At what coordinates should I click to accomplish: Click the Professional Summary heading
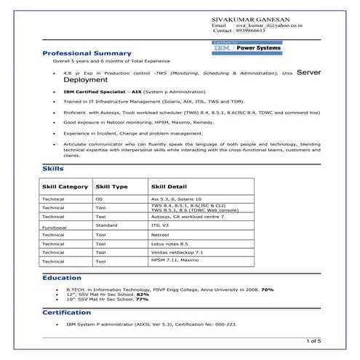tap(87, 53)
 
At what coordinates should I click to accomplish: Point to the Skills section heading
tap(54, 169)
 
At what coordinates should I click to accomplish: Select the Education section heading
tap(62, 278)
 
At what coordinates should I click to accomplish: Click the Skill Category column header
tap(65, 187)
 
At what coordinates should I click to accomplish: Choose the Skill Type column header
tap(112, 187)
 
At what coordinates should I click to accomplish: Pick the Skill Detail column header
tap(168, 187)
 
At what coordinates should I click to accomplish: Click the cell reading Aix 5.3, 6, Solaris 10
tap(176, 199)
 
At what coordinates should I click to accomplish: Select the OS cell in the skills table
tap(99, 199)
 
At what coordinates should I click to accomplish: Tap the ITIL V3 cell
tap(160, 225)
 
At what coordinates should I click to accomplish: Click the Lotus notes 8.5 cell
tap(169, 244)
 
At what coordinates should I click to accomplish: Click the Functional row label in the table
tap(55, 228)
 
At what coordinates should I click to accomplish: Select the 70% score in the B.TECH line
tap(267, 289)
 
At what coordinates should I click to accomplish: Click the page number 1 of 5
tap(313, 340)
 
